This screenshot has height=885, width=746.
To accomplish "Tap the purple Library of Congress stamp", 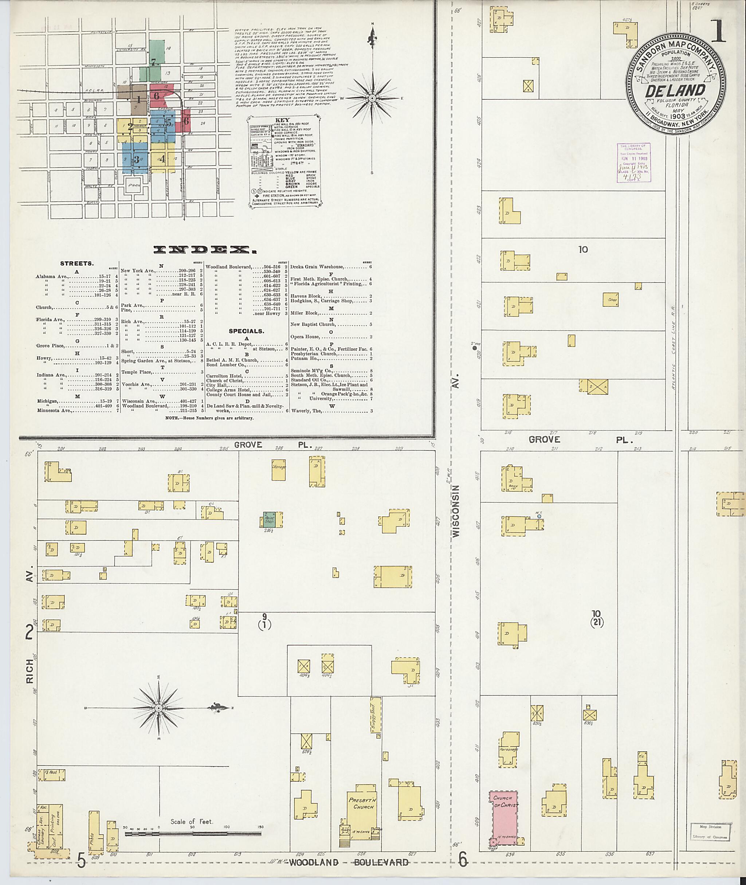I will click(633, 162).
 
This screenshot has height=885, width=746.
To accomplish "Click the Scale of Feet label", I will click(192, 822).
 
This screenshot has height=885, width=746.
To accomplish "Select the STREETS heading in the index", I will click(77, 263).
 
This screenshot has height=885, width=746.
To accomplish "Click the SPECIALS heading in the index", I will click(247, 331).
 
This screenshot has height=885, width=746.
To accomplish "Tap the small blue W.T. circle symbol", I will click(539, 517).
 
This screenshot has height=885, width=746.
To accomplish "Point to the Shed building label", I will click(612, 300).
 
